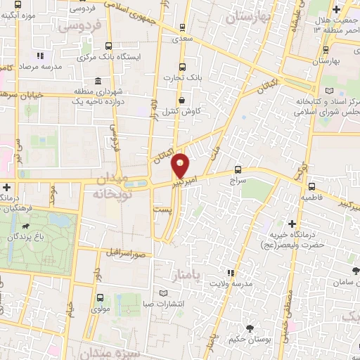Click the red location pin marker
click(x=181, y=165)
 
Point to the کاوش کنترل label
click(x=184, y=111)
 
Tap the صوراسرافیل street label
click(x=125, y=251)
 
